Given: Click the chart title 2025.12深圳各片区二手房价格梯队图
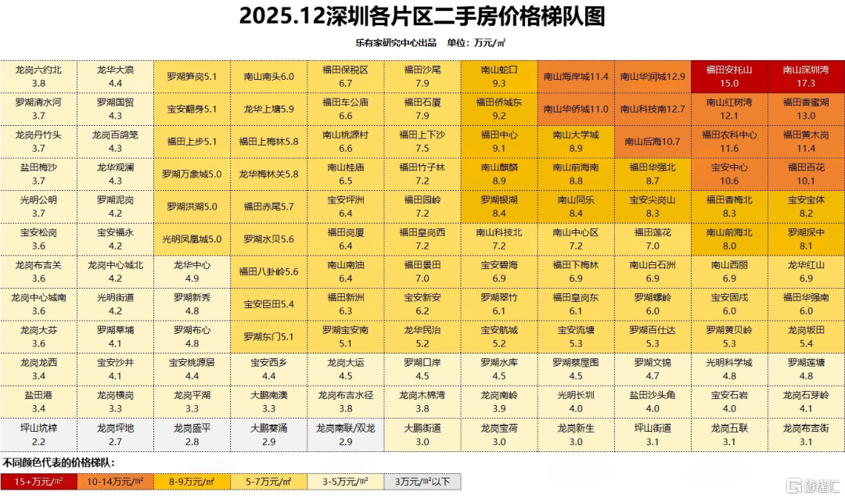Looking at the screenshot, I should pyautogui.click(x=422, y=16).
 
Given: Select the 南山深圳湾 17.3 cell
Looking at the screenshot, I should pyautogui.click(x=806, y=76).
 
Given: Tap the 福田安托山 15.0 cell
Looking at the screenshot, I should pyautogui.click(x=729, y=76).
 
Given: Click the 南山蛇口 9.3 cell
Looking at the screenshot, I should pyautogui.click(x=498, y=76).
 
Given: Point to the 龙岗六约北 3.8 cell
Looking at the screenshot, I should pyautogui.click(x=38, y=76).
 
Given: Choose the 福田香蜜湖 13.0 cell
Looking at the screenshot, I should pyautogui.click(x=806, y=109).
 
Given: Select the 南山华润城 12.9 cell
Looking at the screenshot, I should pyautogui.click(x=653, y=77).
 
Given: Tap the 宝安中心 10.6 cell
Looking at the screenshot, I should pyautogui.click(x=729, y=174).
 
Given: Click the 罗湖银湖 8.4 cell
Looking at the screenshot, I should pyautogui.click(x=498, y=206).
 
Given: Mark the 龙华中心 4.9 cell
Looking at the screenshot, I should pyautogui.click(x=192, y=271).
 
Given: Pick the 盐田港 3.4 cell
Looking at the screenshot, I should pyautogui.click(x=38, y=402).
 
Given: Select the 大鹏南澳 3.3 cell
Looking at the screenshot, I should pyautogui.click(x=268, y=402).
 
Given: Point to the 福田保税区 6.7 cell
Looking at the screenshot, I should pyautogui.click(x=345, y=76).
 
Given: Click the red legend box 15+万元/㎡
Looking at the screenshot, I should pyautogui.click(x=38, y=481).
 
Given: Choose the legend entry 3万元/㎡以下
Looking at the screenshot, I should pyautogui.click(x=422, y=481).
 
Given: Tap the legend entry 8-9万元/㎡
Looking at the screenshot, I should pyautogui.click(x=192, y=481).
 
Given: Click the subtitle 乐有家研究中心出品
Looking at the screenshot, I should pyautogui.click(x=395, y=43).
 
